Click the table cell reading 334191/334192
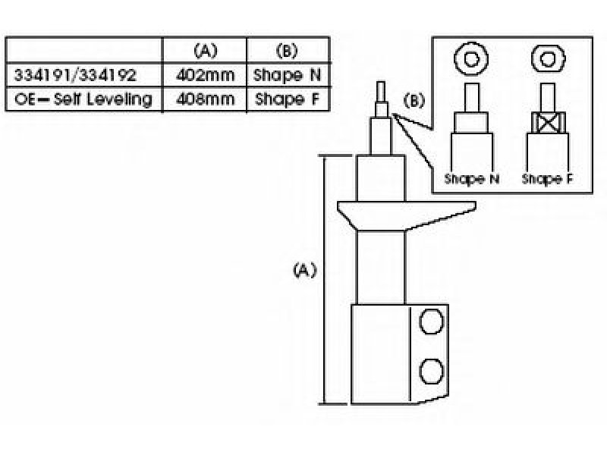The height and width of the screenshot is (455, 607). click(x=75, y=75)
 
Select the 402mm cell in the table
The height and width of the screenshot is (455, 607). click(x=205, y=75)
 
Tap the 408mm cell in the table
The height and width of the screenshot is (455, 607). click(x=205, y=99)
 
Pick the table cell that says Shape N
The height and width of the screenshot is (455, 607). click(x=288, y=75)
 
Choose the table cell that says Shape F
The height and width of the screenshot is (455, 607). click(x=288, y=99)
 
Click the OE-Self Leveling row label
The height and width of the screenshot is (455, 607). click(x=83, y=99)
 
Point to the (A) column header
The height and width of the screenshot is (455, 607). click(x=205, y=51)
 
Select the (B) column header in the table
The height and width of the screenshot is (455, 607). click(x=287, y=51)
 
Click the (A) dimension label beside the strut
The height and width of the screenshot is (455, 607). click(x=305, y=270)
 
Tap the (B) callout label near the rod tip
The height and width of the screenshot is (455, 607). click(x=414, y=101)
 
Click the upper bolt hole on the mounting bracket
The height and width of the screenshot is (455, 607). click(x=431, y=322)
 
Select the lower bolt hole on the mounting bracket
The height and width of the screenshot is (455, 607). click(x=431, y=372)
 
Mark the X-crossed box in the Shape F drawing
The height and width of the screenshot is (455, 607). click(x=548, y=123)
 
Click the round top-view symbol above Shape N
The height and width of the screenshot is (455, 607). click(x=471, y=59)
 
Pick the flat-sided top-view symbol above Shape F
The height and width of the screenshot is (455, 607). click(x=548, y=59)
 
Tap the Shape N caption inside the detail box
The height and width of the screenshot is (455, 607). click(x=471, y=179)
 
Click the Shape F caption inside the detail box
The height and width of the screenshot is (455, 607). click(x=547, y=179)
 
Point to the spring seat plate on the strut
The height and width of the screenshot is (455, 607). click(x=406, y=215)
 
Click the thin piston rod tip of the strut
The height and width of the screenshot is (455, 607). click(x=381, y=91)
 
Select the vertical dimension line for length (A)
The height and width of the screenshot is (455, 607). click(x=325, y=280)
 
